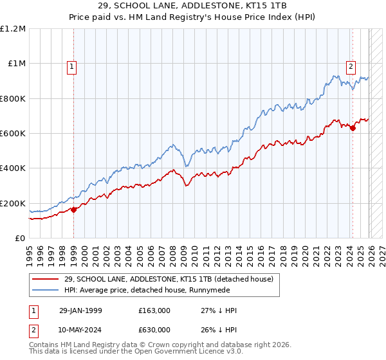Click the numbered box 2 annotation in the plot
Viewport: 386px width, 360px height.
(x=351, y=65)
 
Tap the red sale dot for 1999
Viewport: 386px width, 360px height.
(x=73, y=210)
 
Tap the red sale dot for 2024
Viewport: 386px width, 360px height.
(x=353, y=129)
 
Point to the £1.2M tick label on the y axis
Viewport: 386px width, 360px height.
(x=13, y=29)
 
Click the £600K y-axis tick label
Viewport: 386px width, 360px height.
(x=13, y=134)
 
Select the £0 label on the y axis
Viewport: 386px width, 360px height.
(x=21, y=239)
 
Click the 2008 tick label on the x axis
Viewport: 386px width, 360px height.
(x=172, y=253)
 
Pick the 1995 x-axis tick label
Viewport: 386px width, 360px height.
(x=30, y=253)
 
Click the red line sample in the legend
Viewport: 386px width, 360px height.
(x=45, y=278)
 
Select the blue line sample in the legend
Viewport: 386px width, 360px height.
(x=45, y=289)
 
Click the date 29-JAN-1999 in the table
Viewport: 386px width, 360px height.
(x=80, y=310)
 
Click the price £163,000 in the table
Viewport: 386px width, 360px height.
(x=154, y=310)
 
